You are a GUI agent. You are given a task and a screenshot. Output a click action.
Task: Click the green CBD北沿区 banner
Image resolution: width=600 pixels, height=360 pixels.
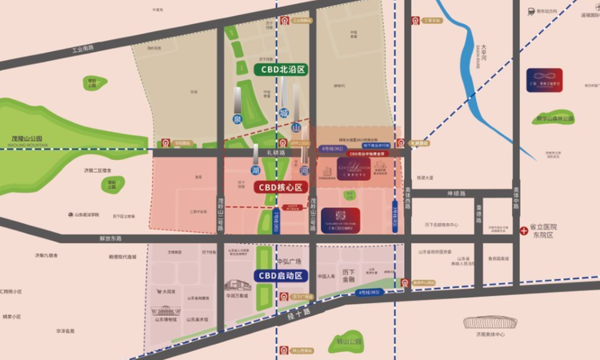point(281,70)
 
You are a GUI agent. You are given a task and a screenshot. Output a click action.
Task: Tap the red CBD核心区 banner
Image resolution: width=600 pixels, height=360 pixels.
point(280,187)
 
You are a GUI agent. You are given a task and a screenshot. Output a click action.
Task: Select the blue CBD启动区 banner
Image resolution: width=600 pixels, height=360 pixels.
point(280,275)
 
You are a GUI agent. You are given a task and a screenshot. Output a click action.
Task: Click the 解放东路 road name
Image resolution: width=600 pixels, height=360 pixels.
point(110,238)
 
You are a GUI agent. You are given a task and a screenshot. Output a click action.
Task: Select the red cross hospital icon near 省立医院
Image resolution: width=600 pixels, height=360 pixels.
point(524,230)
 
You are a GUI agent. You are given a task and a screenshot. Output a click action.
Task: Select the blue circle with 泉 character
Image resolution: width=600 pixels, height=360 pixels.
point(237,118)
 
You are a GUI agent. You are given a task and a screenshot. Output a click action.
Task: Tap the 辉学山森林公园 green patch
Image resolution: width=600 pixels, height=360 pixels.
point(555,116)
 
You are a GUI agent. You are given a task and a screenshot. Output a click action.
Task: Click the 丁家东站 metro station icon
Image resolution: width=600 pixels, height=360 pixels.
point(415,21)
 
